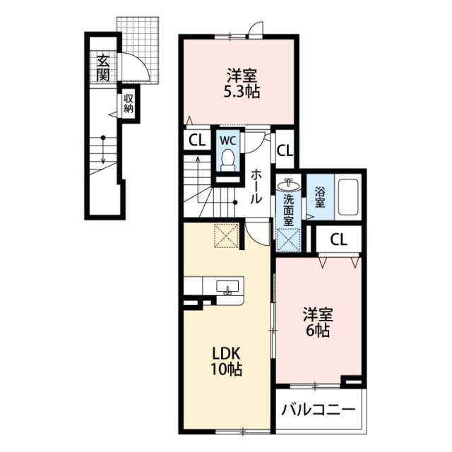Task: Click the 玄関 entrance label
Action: (x=103, y=67)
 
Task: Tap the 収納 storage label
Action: (x=129, y=104)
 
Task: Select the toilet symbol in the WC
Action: (x=229, y=160)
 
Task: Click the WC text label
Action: (x=228, y=141)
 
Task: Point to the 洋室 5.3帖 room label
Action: (x=242, y=83)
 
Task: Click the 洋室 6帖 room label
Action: (x=318, y=322)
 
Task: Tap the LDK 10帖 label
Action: (x=226, y=361)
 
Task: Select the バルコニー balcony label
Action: (x=318, y=410)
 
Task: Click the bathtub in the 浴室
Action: (x=348, y=198)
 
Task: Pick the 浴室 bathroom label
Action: (x=320, y=198)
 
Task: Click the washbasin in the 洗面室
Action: (x=288, y=184)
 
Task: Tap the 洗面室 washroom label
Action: (x=288, y=210)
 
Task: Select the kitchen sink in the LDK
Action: (x=227, y=287)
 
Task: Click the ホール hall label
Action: (x=256, y=186)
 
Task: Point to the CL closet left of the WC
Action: (x=198, y=141)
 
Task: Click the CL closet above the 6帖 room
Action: (x=339, y=239)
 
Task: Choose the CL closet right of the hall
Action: (x=285, y=150)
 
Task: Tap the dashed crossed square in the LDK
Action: (x=227, y=236)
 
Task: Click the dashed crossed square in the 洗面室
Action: (x=288, y=240)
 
